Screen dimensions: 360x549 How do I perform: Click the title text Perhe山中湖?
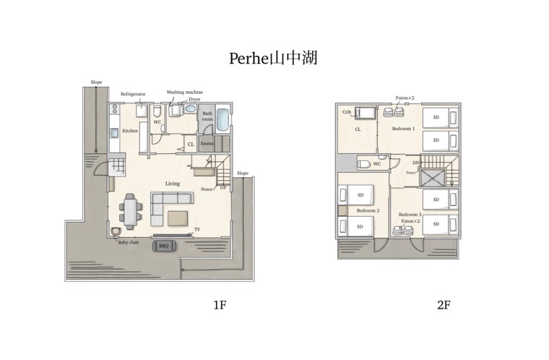click(x=273, y=59)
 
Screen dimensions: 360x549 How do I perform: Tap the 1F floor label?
click(x=220, y=305)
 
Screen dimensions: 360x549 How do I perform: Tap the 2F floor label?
click(x=444, y=305)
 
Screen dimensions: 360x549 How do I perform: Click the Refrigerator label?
click(x=133, y=95)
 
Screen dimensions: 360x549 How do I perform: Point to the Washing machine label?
click(x=184, y=93)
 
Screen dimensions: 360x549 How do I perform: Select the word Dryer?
click(x=194, y=100)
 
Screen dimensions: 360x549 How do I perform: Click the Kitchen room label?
click(x=130, y=131)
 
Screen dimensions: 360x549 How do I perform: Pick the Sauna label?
click(x=207, y=144)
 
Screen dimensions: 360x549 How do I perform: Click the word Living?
click(x=172, y=184)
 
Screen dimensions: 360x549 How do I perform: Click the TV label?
click(x=196, y=231)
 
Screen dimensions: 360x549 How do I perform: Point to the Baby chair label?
click(x=130, y=243)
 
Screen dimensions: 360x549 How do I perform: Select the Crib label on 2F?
click(x=347, y=112)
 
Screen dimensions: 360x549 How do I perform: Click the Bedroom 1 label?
click(x=403, y=129)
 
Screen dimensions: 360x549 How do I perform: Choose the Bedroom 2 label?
click(x=368, y=210)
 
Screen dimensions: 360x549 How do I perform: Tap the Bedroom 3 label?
click(x=410, y=215)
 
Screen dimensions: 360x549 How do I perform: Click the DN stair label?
click(x=416, y=164)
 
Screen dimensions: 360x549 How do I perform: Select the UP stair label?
click(x=223, y=187)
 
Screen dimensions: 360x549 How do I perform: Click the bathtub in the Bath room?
click(x=222, y=120)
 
